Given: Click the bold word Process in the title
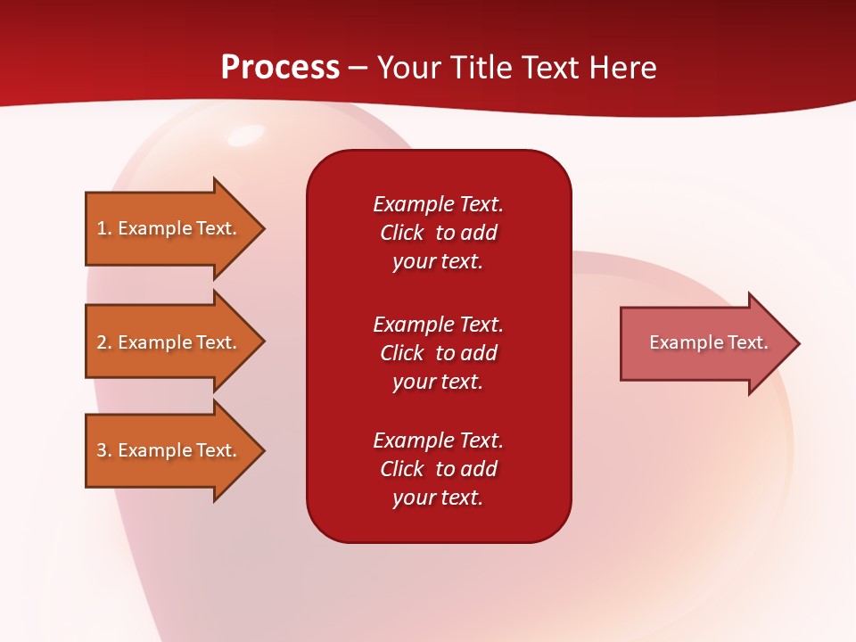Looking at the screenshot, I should click(280, 68).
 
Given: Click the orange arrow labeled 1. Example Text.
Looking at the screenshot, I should click(169, 228).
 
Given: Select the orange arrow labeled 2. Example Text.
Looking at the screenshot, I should click(169, 342).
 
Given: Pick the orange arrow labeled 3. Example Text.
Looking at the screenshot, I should click(169, 450).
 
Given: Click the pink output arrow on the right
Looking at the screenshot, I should click(704, 343).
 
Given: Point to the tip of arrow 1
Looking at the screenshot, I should click(262, 228).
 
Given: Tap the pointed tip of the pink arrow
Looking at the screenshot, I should click(797, 343).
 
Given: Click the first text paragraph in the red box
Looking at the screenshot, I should click(438, 233).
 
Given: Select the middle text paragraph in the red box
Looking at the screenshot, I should click(438, 353).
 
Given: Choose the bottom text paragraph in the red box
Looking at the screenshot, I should click(438, 469).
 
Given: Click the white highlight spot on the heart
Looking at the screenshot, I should click(244, 136).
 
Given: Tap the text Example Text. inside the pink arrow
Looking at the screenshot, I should click(708, 342).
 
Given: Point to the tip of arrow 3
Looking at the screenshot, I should click(262, 450).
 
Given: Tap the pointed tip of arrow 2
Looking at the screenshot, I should click(262, 342).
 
